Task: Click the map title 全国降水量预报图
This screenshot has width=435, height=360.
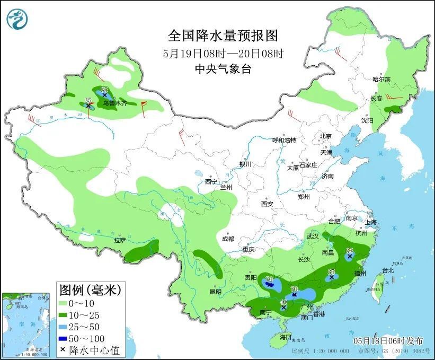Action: [223, 36]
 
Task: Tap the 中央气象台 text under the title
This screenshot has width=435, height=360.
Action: [223, 68]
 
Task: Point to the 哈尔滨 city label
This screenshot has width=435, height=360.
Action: [381, 79]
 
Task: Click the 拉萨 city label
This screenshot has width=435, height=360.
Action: [120, 240]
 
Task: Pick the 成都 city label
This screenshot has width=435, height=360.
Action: [228, 239]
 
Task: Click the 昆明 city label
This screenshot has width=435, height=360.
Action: [215, 291]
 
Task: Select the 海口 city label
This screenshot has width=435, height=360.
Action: [286, 337]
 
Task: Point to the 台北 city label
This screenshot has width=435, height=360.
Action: [388, 270]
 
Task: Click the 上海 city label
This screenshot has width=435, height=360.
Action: [370, 222]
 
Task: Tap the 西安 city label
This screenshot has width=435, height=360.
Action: [266, 204]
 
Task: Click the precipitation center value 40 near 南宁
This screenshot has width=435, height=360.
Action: [283, 302]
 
